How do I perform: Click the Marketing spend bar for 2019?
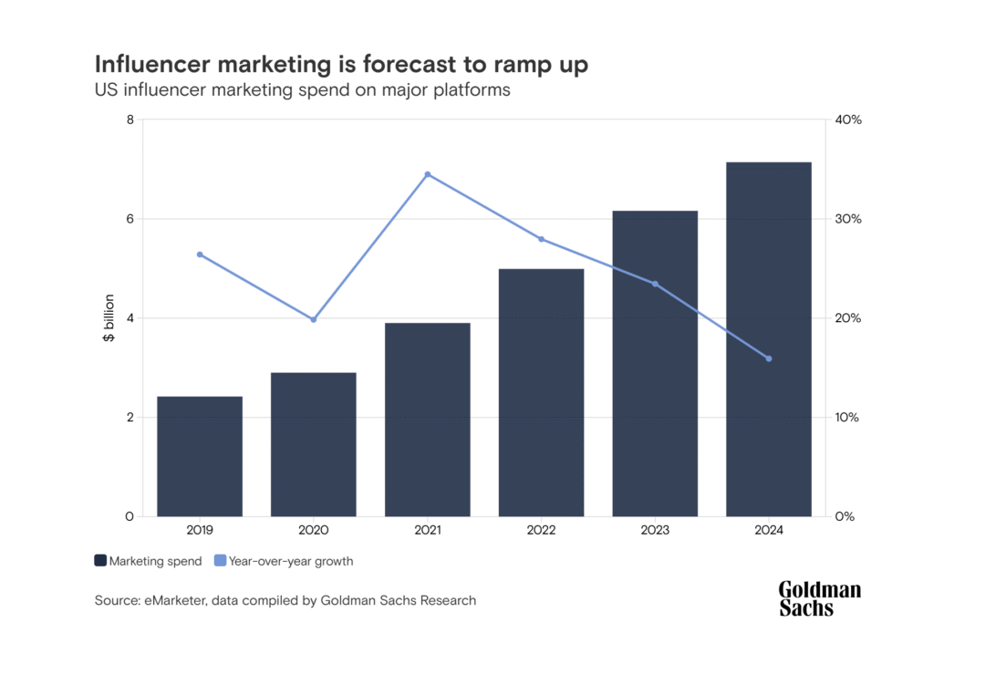(200, 456)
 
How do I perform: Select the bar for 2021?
(427, 420)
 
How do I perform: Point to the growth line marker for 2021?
(427, 174)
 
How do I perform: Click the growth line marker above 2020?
(314, 319)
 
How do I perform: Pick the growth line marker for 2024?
(768, 358)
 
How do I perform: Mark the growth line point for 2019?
(200, 254)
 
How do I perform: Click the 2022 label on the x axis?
(541, 530)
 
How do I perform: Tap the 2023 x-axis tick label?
(655, 530)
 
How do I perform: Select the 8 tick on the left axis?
(130, 119)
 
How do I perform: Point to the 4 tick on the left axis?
(130, 318)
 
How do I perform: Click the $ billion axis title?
(109, 318)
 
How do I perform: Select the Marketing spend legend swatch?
(100, 561)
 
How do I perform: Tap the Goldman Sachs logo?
(819, 598)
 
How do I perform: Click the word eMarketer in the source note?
(173, 600)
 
